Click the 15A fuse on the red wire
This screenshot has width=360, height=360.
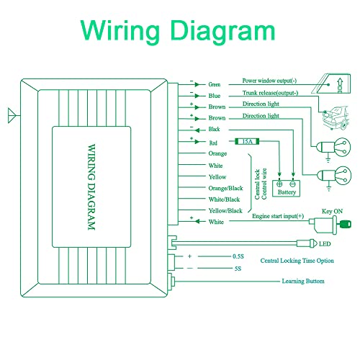(x=247, y=141)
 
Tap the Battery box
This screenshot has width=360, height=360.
(x=286, y=189)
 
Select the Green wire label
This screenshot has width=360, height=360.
(x=214, y=84)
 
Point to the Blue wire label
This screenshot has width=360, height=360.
(x=215, y=96)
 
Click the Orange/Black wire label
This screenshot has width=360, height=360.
(x=225, y=188)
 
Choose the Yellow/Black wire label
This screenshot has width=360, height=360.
(x=225, y=211)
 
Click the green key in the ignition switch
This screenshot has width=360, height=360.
(x=345, y=224)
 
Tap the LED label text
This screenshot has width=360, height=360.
(x=325, y=244)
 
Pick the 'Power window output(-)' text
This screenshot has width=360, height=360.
(x=269, y=81)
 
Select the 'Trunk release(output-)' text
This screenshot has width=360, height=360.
(x=270, y=93)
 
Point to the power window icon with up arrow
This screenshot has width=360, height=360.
(x=331, y=84)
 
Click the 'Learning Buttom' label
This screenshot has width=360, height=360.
(x=303, y=281)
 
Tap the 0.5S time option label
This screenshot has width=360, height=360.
(x=238, y=256)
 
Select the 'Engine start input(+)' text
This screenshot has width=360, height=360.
(x=278, y=216)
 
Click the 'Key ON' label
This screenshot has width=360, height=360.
(x=332, y=211)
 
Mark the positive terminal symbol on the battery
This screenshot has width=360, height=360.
(x=279, y=184)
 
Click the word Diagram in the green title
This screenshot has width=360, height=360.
(x=222, y=31)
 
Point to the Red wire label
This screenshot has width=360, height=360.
(x=213, y=143)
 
